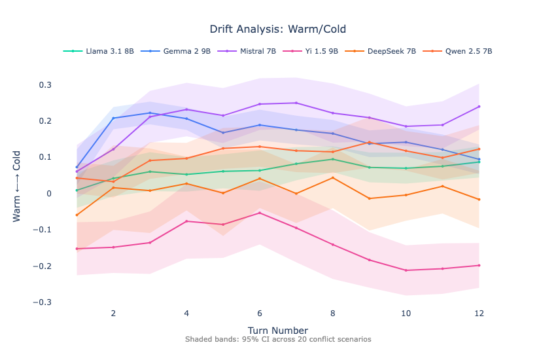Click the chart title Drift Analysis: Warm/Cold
click(x=277, y=29)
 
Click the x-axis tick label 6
click(x=260, y=314)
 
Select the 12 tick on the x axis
click(x=479, y=314)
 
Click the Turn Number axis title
click(x=277, y=330)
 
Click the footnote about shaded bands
click(x=277, y=340)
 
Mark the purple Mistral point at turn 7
click(x=296, y=103)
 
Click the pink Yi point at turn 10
click(x=406, y=270)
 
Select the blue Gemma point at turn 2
click(x=113, y=118)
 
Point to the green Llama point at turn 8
click(x=333, y=159)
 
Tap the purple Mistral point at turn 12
click(x=479, y=107)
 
